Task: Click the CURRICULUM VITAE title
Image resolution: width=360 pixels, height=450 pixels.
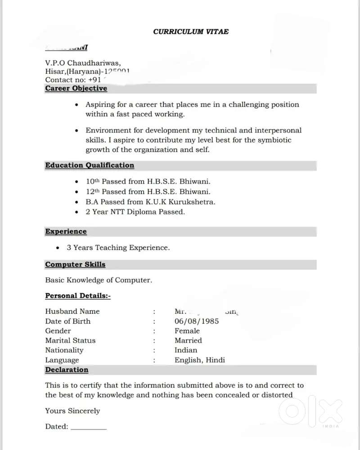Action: click(191, 31)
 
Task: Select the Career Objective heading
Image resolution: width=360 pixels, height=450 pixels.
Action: click(76, 89)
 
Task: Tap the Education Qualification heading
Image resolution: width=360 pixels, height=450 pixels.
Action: click(90, 165)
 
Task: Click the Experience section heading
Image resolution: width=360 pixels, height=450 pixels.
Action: click(66, 231)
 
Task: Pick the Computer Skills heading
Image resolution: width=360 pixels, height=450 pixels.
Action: click(75, 265)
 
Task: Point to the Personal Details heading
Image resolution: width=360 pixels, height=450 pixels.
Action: click(77, 296)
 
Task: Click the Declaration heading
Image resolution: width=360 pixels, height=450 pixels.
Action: click(67, 370)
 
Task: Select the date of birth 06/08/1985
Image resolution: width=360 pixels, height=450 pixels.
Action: click(197, 321)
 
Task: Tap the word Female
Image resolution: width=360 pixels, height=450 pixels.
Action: click(187, 331)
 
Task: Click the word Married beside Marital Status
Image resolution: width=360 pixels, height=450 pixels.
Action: click(188, 341)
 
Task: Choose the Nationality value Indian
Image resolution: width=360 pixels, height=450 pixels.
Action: click(186, 350)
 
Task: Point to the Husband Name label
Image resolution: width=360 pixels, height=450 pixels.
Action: click(72, 311)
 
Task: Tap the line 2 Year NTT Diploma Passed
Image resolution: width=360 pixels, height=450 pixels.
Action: click(135, 211)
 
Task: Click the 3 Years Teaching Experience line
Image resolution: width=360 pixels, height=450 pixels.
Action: click(118, 247)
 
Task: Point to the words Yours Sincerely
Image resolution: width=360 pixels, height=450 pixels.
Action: click(72, 411)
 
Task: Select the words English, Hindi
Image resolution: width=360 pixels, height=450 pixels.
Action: click(200, 360)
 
